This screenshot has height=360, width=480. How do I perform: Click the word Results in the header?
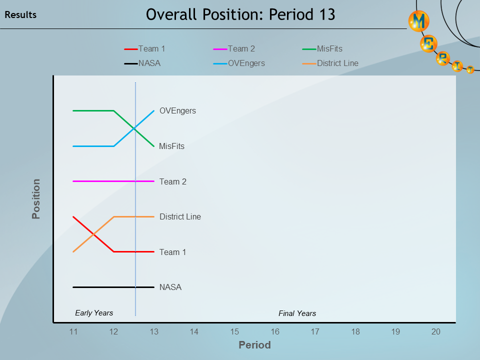[20, 15]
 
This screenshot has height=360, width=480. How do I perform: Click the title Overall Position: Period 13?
[240, 14]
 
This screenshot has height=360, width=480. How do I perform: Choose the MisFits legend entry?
[329, 48]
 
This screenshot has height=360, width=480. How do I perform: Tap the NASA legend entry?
[149, 63]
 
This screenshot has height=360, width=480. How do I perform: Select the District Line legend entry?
[337, 63]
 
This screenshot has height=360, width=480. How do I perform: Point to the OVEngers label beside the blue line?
[177, 110]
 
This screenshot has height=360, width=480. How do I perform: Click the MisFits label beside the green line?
[171, 146]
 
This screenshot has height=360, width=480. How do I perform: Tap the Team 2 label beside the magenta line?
[172, 181]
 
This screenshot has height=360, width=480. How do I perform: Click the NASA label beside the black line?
[170, 287]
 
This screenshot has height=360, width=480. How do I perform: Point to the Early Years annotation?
[94, 313]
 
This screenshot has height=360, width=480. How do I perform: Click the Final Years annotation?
[297, 313]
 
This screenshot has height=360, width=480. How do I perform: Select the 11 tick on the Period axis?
[73, 331]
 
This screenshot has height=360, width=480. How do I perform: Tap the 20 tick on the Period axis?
[435, 331]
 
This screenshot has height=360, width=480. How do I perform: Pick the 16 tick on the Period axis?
[274, 331]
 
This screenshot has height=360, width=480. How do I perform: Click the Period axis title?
[254, 345]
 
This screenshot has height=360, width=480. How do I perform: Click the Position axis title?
[36, 199]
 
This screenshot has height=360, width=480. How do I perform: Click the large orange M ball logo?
[418, 21]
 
